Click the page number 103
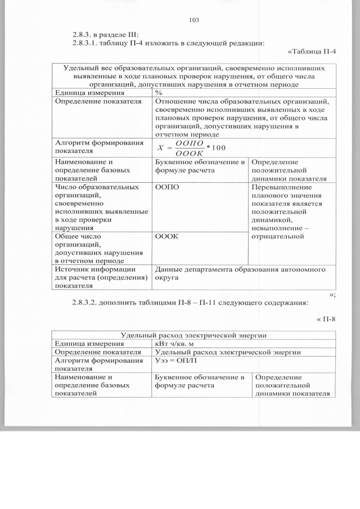[x=195, y=20]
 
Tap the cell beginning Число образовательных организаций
[x=101, y=207]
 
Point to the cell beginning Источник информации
[x=101, y=277]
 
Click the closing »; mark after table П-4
[x=332, y=294]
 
